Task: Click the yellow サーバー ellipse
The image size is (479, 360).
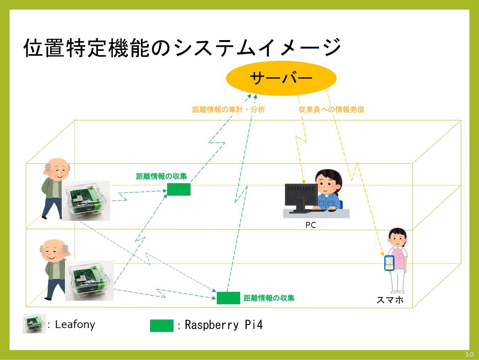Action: coord(281,78)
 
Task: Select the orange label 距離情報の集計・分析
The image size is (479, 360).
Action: coord(229,110)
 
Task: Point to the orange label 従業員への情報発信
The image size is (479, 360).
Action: coord(331,110)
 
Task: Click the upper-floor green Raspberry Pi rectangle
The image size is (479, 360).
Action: coord(179,190)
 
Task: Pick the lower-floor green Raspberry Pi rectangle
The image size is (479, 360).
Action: coord(228,298)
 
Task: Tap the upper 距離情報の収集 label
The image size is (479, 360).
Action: coord(161,176)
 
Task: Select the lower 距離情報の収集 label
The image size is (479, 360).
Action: coord(269,298)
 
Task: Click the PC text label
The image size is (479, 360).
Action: coord(310,225)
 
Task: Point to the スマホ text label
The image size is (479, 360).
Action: coord(390,300)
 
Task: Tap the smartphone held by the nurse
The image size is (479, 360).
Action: coord(389,263)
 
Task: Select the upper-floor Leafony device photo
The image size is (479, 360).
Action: coord(86,201)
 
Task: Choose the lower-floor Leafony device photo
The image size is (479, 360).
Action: coord(89,280)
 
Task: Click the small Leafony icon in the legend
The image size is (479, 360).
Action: coord(34,323)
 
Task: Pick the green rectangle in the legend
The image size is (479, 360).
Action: coord(162,326)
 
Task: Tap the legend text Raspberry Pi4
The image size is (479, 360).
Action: coord(224,325)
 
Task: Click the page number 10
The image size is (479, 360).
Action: coord(469,354)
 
